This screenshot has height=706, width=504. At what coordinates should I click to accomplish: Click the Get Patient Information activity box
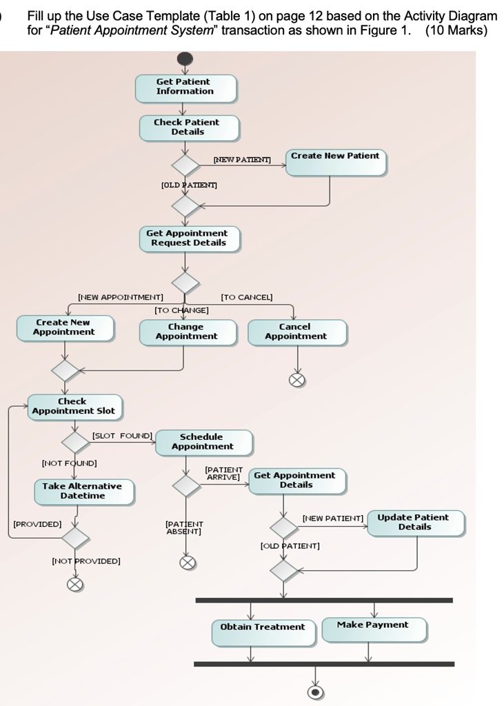pyautogui.click(x=185, y=88)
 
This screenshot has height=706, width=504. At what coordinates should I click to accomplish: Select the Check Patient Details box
pyautogui.click(x=189, y=128)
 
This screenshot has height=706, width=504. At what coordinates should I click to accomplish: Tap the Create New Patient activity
pyautogui.click(x=336, y=162)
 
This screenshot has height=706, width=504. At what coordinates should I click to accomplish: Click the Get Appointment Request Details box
pyautogui.click(x=189, y=239)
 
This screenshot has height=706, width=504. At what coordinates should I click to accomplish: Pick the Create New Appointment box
pyautogui.click(x=65, y=327)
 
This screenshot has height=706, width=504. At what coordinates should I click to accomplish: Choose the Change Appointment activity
pyautogui.click(x=188, y=332)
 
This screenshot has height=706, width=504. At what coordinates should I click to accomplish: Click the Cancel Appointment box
pyautogui.click(x=297, y=332)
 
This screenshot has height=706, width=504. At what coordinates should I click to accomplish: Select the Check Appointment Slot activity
pyautogui.click(x=74, y=407)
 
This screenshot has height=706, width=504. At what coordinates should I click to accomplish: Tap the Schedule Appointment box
pyautogui.click(x=203, y=442)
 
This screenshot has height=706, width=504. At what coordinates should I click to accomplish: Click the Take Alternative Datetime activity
pyautogui.click(x=84, y=492)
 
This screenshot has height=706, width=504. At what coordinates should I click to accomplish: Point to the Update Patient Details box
pyautogui.click(x=416, y=523)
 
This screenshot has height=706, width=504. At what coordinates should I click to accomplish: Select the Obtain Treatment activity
pyautogui.click(x=264, y=633)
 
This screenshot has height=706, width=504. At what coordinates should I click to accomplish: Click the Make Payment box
pyautogui.click(x=374, y=629)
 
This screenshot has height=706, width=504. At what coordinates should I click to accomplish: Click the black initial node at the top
pyautogui.click(x=185, y=59)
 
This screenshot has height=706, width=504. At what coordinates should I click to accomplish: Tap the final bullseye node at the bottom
pyautogui.click(x=315, y=692)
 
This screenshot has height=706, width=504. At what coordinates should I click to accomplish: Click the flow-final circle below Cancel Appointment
pyautogui.click(x=296, y=381)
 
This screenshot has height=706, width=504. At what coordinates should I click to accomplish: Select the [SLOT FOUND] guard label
pyautogui.click(x=122, y=436)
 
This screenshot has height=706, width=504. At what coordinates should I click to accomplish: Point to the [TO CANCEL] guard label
pyautogui.click(x=247, y=297)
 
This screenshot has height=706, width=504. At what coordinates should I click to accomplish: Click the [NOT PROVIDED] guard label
pyautogui.click(x=86, y=561)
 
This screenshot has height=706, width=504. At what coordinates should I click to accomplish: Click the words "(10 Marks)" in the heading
pyautogui.click(x=456, y=30)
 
